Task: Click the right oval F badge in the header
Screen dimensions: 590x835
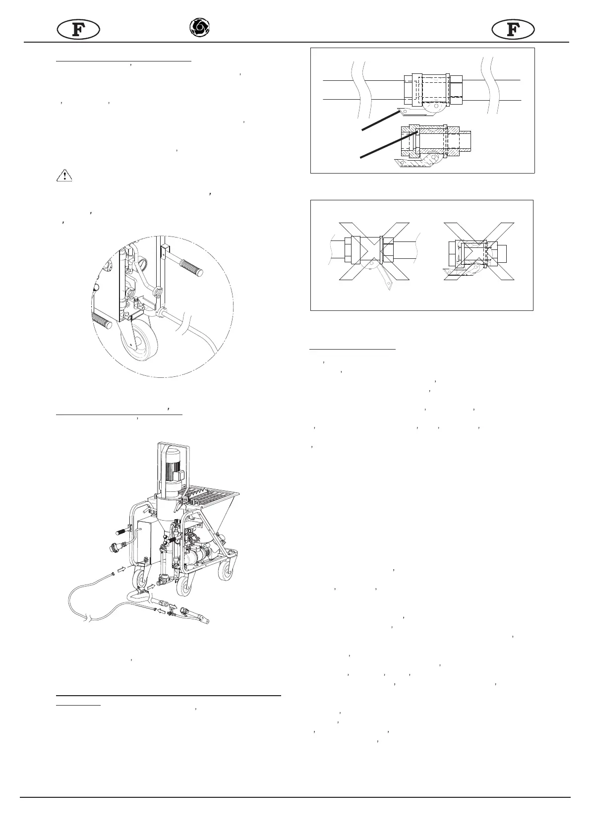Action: coord(513,30)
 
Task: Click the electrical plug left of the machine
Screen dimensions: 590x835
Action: coord(115,547)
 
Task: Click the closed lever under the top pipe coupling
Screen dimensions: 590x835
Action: coord(414,109)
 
